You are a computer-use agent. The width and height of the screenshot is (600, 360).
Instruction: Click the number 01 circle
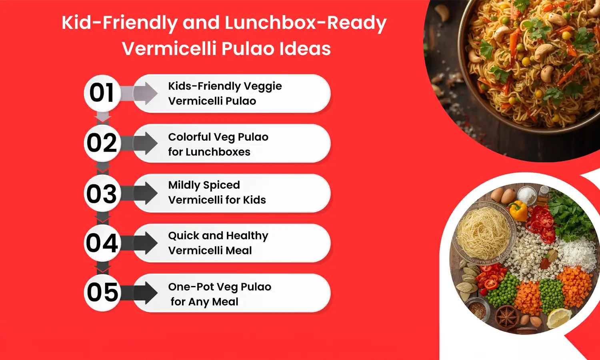(x=102, y=93)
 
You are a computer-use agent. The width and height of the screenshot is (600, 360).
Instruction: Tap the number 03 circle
(x=102, y=194)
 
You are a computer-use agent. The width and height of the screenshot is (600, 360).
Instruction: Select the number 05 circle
(x=102, y=292)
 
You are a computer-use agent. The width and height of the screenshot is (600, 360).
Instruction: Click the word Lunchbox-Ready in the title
(x=305, y=23)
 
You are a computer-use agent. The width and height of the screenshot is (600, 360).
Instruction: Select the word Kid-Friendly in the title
(x=119, y=23)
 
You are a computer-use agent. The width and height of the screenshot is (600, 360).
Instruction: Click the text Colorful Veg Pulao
(x=218, y=137)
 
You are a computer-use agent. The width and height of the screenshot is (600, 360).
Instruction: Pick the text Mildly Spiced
(x=204, y=185)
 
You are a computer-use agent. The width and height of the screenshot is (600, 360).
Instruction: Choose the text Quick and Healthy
(x=218, y=236)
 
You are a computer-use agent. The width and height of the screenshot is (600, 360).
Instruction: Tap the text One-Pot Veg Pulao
(x=220, y=287)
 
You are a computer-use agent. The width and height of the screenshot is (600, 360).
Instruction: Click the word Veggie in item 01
(x=263, y=86)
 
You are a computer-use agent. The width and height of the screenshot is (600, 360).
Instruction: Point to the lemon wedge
(x=559, y=318)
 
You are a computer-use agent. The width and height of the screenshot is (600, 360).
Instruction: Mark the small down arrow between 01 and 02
(x=103, y=117)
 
